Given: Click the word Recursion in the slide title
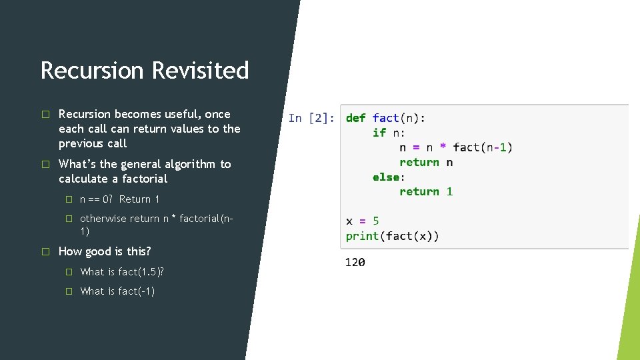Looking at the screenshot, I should click(x=92, y=70).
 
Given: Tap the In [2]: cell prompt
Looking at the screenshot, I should click(x=311, y=118).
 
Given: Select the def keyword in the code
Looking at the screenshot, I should click(x=355, y=118).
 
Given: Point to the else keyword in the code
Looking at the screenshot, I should click(x=385, y=177).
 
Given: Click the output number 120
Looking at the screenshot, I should click(x=355, y=263).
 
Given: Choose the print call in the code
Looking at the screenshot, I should click(x=362, y=235).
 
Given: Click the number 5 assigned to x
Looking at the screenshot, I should click(x=375, y=221).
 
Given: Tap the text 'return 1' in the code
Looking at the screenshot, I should click(x=426, y=191).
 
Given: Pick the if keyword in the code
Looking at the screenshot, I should click(x=379, y=133).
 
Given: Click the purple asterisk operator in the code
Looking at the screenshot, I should click(x=443, y=147).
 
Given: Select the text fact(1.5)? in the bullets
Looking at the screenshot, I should click(x=141, y=271).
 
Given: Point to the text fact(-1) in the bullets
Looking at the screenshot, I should click(x=136, y=291).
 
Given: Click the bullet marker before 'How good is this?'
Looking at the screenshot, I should click(x=45, y=251).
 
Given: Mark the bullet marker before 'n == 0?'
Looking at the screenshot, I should click(x=67, y=199).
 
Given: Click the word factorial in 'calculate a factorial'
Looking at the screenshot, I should click(x=143, y=179).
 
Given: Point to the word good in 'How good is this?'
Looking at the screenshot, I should click(x=98, y=251).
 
